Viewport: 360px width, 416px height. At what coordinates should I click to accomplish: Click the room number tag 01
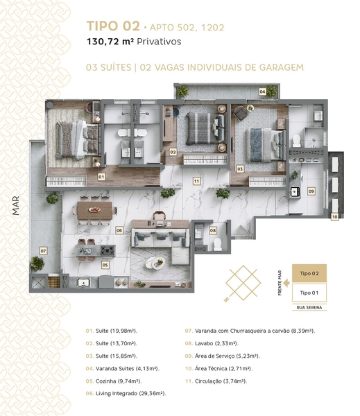(101, 177)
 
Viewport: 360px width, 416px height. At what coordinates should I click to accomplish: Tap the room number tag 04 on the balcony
(262, 92)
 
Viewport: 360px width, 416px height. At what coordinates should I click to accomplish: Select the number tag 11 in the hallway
(196, 181)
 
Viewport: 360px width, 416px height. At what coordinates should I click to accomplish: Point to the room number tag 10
(335, 217)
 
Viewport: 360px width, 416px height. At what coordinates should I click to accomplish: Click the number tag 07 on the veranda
(43, 251)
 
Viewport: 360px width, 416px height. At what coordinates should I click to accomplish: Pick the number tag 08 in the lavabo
(213, 231)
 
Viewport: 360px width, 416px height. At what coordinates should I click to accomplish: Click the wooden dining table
(95, 210)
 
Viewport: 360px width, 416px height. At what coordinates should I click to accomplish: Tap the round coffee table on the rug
(155, 263)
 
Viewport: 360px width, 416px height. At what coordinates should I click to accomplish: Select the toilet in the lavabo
(217, 244)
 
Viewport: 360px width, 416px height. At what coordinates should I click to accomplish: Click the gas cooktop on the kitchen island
(108, 250)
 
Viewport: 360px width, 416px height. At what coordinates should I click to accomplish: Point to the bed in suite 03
(265, 145)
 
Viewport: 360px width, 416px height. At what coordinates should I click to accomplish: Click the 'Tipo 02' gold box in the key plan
(309, 273)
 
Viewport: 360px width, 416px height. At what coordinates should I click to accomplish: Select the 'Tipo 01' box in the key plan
(309, 293)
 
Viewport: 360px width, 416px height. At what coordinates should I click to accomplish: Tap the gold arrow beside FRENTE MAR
(286, 283)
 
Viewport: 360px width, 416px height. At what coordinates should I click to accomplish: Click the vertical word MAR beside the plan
(16, 206)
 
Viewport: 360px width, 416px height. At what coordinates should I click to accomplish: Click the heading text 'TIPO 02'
(113, 26)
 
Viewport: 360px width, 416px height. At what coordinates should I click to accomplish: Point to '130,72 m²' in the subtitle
(110, 42)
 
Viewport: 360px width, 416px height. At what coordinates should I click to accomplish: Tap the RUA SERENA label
(309, 307)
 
